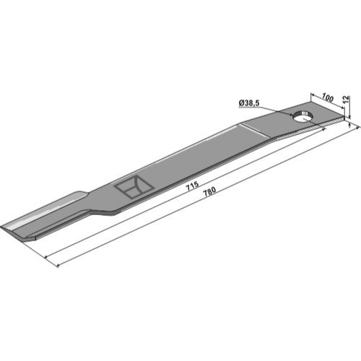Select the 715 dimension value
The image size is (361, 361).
click(x=193, y=186)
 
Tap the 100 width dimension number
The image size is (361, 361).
click(x=327, y=98)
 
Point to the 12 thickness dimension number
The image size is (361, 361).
click(x=345, y=100)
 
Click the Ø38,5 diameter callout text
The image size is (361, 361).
click(x=249, y=103)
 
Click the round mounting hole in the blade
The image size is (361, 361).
click(x=303, y=117)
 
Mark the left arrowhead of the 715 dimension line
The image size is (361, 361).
click(x=46, y=257)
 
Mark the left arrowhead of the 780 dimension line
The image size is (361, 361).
click(x=58, y=266)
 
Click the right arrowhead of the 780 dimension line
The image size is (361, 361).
click(x=358, y=129)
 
